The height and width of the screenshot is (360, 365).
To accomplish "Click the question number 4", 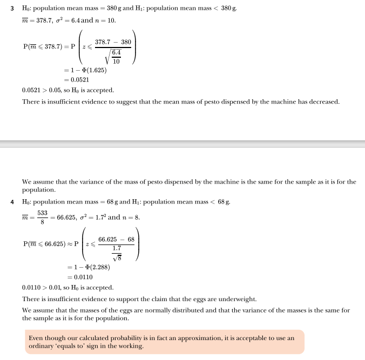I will click(x=12, y=202).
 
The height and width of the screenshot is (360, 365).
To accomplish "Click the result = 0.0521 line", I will click(x=76, y=79).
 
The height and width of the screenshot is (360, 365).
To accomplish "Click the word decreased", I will click(x=323, y=102).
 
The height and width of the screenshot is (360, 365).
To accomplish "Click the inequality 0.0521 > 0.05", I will click(x=40, y=90).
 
